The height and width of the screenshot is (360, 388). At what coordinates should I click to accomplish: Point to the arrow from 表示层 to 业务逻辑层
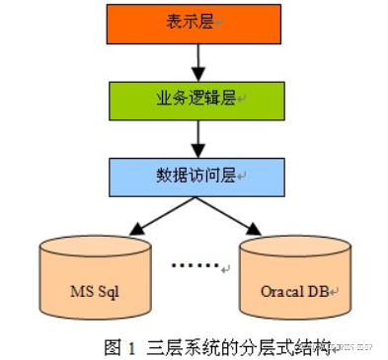197,61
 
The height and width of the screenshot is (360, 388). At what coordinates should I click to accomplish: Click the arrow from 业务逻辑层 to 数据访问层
197,137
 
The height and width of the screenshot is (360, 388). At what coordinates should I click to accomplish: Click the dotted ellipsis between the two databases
194,265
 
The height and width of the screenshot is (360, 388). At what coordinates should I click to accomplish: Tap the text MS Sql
95,292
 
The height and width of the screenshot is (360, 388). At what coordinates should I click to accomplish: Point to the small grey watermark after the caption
349,347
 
